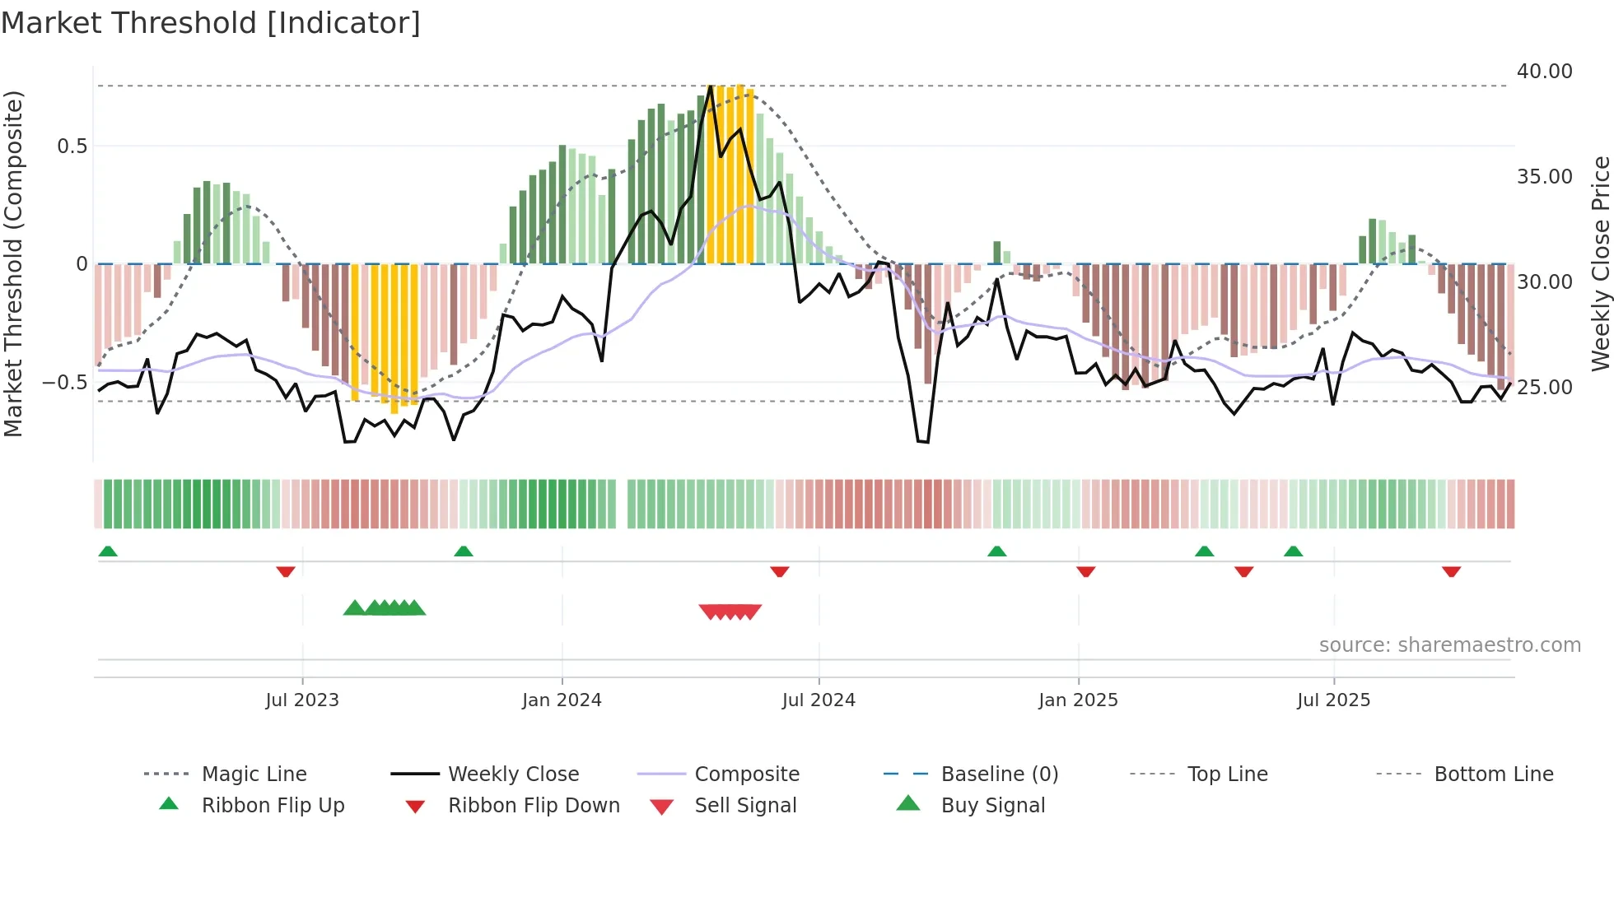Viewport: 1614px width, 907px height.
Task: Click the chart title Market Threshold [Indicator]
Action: coord(211,23)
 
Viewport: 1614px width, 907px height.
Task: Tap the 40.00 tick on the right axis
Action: coord(1544,72)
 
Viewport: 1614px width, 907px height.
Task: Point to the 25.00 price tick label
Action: coord(1544,387)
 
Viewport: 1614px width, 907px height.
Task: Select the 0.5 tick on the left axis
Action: coord(72,147)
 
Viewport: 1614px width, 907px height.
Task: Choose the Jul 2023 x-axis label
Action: coord(302,700)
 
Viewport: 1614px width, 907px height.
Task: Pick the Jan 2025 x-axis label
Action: coord(1078,700)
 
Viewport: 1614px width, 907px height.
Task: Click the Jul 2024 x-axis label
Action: coord(819,700)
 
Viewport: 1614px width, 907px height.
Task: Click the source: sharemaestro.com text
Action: coord(1449,645)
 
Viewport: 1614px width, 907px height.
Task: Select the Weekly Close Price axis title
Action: coord(1600,263)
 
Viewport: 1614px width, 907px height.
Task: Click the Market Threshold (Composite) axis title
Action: coord(13,263)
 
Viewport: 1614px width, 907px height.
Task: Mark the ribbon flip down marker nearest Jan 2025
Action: coord(1085,571)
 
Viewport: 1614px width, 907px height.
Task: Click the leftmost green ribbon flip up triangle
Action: coord(108,551)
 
